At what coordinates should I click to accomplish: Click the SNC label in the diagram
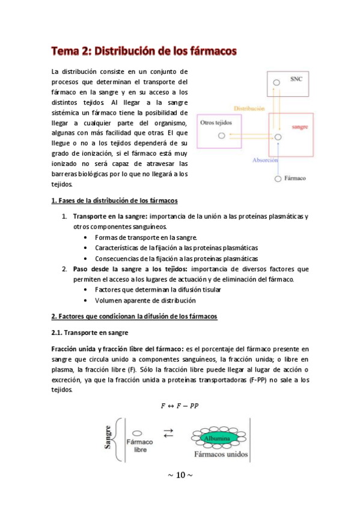pyautogui.click(x=296, y=79)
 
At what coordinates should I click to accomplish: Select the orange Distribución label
pyautogui.click(x=249, y=108)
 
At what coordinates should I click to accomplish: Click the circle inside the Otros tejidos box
pyautogui.click(x=222, y=136)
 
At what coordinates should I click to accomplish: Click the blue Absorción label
pyautogui.click(x=264, y=160)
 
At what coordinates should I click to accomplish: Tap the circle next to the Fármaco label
pyautogui.click(x=277, y=179)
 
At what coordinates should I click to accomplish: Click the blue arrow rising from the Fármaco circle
pyautogui.click(x=277, y=158)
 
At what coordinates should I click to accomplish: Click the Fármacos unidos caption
pyautogui.click(x=218, y=455)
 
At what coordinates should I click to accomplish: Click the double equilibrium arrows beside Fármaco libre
pyautogui.click(x=169, y=434)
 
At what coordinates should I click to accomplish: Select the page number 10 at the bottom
pyautogui.click(x=180, y=475)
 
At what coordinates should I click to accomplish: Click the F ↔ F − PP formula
pyautogui.click(x=180, y=405)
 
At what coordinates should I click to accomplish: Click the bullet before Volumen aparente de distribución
pyautogui.click(x=87, y=300)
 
